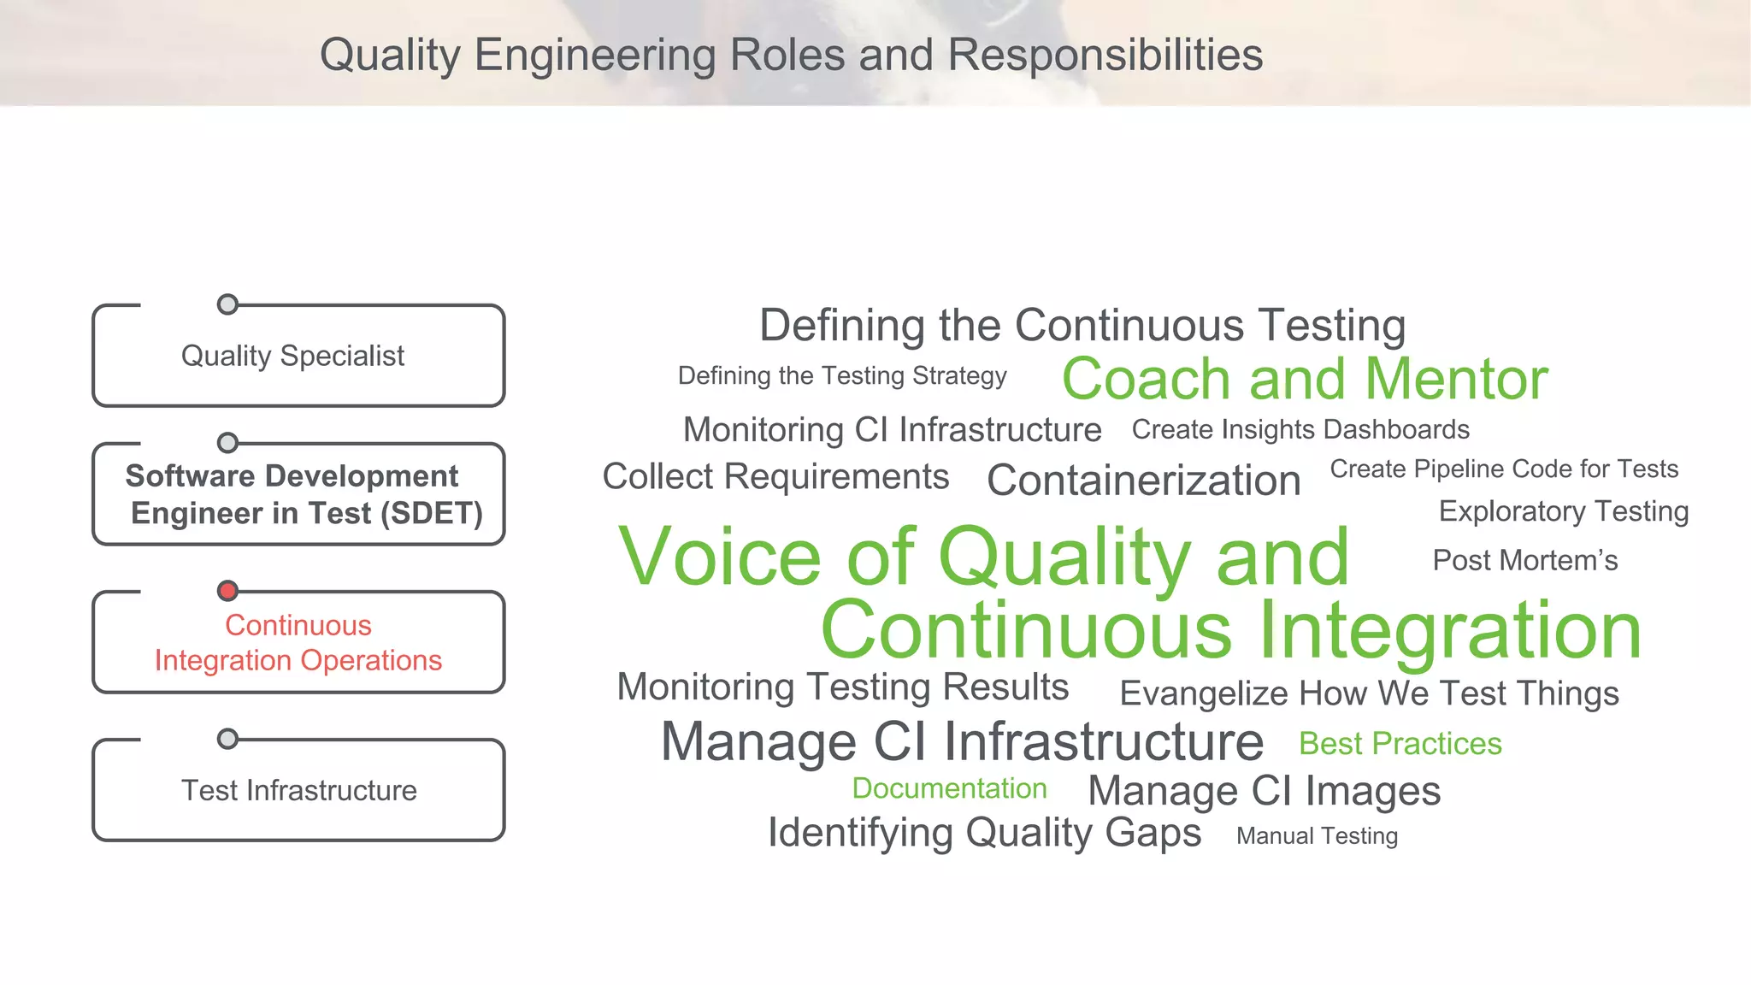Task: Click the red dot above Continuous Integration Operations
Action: click(x=227, y=591)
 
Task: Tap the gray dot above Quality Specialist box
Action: click(x=227, y=304)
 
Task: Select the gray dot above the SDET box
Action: click(x=227, y=443)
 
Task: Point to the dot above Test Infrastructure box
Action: click(x=227, y=739)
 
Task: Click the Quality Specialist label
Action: click(x=292, y=356)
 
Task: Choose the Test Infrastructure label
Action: click(x=298, y=790)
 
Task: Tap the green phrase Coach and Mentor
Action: click(x=1305, y=379)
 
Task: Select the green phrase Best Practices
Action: click(x=1400, y=744)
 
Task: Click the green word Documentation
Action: click(x=949, y=788)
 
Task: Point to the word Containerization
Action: click(x=1143, y=481)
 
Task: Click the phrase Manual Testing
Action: click(x=1317, y=836)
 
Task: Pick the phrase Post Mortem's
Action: click(x=1524, y=561)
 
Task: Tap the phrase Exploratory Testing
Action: click(x=1563, y=511)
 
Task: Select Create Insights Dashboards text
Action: click(x=1300, y=429)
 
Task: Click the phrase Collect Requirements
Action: click(x=775, y=477)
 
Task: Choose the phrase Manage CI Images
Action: click(x=1264, y=791)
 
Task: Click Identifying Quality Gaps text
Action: click(x=984, y=833)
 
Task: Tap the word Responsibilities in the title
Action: click(x=1105, y=56)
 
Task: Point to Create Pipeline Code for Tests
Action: click(x=1504, y=469)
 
